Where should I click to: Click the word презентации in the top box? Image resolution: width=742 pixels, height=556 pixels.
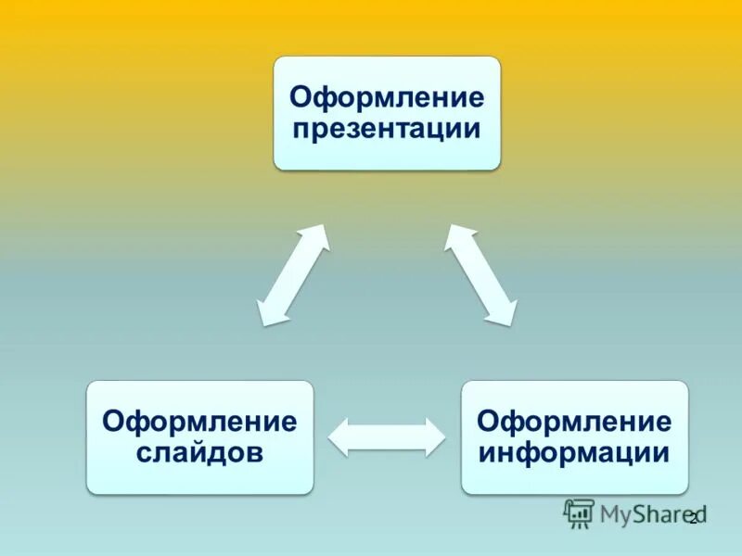click(x=386, y=128)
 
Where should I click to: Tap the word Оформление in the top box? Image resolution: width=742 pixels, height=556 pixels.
click(x=386, y=96)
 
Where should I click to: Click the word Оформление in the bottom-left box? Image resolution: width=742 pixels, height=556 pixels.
click(x=200, y=422)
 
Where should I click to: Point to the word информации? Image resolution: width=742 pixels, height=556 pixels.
click(x=574, y=452)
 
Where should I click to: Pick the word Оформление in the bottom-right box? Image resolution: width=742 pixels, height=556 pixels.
click(x=574, y=422)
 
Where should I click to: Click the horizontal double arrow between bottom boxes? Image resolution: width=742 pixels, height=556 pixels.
click(x=388, y=436)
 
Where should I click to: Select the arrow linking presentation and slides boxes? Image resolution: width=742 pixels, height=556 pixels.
click(x=293, y=275)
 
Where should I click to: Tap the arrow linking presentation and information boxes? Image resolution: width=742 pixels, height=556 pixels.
click(x=480, y=275)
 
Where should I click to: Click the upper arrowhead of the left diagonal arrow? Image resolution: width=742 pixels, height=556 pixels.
click(x=317, y=237)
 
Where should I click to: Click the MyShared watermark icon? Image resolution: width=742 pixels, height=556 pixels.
click(x=580, y=512)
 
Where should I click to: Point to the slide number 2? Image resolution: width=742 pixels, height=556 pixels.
click(x=693, y=518)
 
